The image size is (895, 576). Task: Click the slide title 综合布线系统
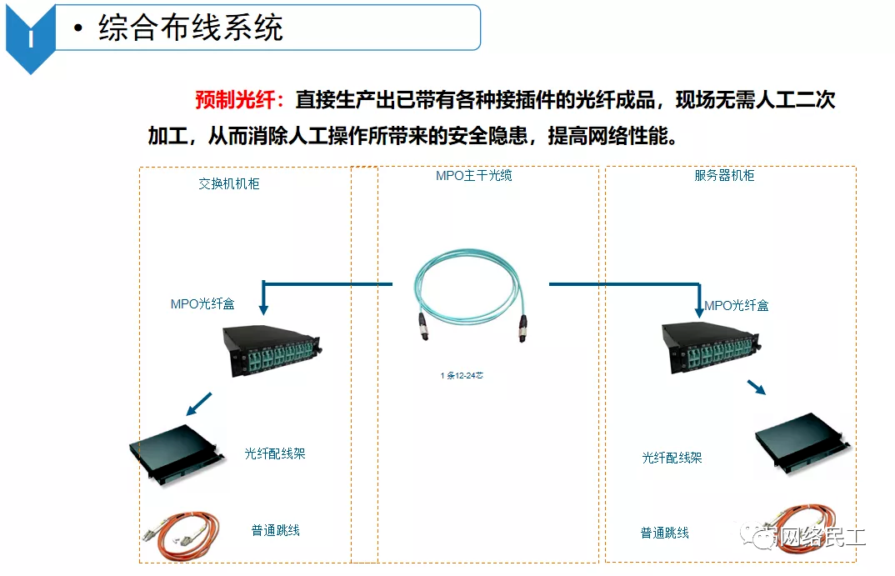191,28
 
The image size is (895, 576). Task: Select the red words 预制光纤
240,101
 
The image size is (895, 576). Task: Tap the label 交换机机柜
229,183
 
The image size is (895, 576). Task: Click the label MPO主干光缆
474,175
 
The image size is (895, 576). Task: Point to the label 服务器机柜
724,175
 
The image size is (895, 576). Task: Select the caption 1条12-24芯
462,376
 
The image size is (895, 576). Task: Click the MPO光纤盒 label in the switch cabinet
202,304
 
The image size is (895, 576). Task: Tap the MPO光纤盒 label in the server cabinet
736,306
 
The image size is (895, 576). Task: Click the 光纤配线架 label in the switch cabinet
275,453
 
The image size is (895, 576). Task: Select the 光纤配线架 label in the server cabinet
672,458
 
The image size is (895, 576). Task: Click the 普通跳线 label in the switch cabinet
275,530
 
